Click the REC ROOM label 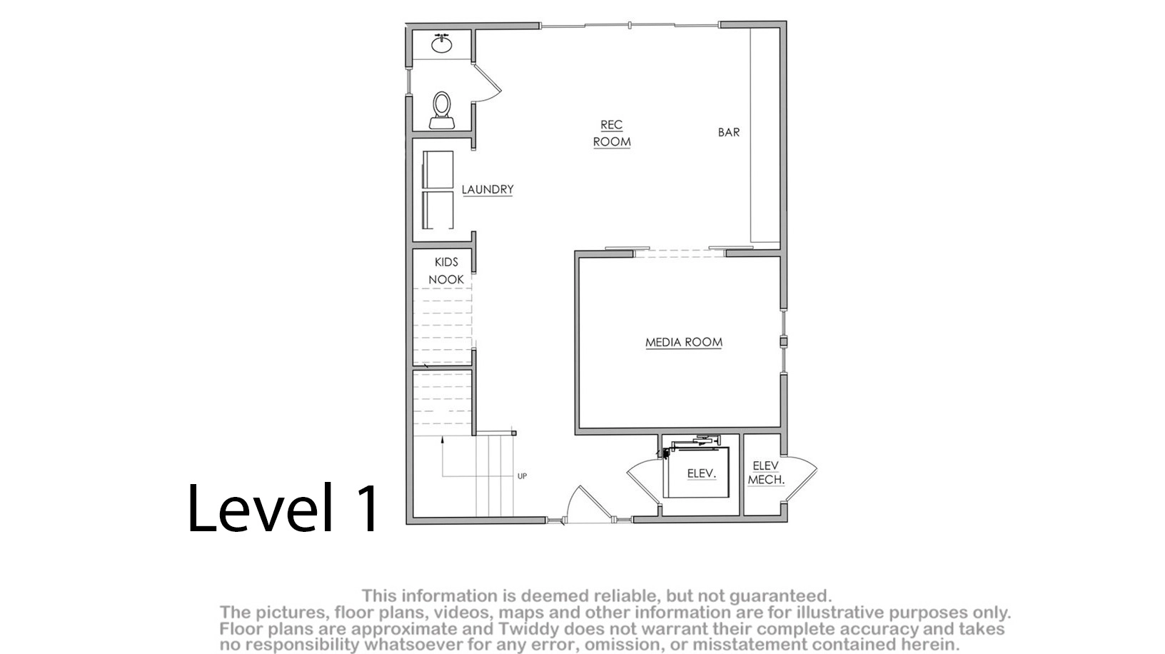click(x=612, y=134)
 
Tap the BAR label click(x=729, y=132)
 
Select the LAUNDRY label click(x=488, y=189)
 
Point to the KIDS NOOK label click(x=446, y=271)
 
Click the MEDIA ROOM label click(x=684, y=342)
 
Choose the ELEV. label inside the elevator click(x=702, y=473)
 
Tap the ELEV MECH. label click(x=765, y=473)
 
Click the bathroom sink click(x=442, y=43)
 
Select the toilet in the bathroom click(x=442, y=110)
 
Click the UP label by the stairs click(x=522, y=476)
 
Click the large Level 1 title click(x=283, y=508)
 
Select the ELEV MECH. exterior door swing click(x=801, y=478)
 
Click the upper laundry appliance click(x=438, y=170)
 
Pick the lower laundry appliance click(x=438, y=210)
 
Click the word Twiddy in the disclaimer click(x=523, y=629)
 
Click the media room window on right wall click(x=784, y=342)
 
